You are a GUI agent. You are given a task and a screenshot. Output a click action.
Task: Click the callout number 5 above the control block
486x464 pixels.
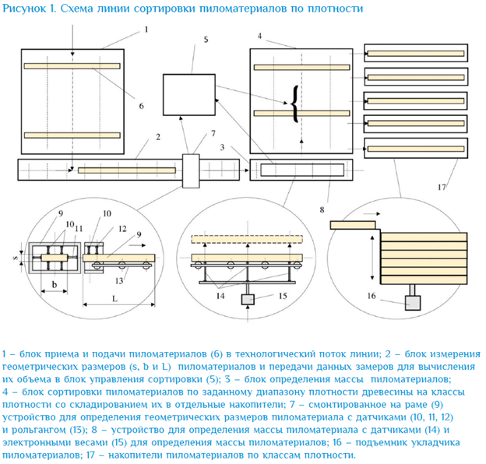[x=206, y=39]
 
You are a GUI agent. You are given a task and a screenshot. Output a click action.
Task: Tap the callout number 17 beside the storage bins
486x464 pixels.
[x=442, y=187]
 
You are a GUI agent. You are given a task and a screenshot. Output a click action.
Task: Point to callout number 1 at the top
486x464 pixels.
[x=146, y=29]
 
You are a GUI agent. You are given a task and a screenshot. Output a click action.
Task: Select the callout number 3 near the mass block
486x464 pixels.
[x=223, y=146]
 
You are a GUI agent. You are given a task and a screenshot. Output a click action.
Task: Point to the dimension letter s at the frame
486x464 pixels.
[x=22, y=253]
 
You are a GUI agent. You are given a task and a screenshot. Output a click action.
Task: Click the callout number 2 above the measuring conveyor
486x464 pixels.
[x=157, y=138]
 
